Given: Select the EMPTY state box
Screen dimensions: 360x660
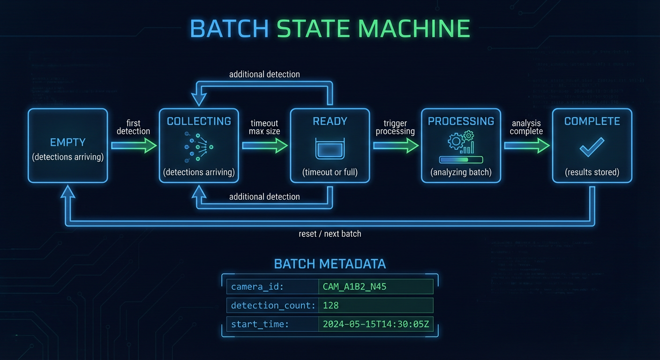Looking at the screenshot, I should click(67, 146).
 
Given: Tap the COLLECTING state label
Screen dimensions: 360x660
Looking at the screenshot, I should click(199, 121).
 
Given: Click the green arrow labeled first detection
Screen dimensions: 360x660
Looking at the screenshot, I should click(134, 146).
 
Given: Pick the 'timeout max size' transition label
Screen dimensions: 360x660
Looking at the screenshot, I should click(264, 127).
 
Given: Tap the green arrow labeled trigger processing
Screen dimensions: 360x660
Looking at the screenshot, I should click(396, 146).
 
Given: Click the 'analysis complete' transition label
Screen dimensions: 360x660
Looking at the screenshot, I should click(526, 127).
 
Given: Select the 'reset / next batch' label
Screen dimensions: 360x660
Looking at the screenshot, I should click(330, 233).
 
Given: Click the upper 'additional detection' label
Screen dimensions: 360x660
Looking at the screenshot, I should click(264, 74).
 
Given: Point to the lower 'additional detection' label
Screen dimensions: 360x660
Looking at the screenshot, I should click(264, 196).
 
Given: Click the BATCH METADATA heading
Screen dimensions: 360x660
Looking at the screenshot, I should click(330, 264).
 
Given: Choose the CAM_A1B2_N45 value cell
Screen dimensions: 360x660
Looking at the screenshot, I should click(375, 286).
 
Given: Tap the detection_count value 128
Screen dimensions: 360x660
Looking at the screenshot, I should click(331, 306).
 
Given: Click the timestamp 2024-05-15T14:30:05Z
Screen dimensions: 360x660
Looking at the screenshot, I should click(375, 324).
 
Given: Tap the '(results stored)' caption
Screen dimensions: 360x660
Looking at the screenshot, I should click(592, 172).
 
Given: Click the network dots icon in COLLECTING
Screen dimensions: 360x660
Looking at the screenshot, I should click(199, 147).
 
